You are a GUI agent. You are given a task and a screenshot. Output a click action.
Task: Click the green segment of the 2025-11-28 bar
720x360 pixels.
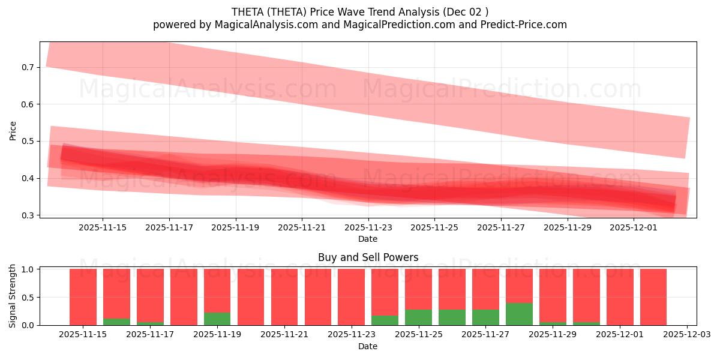[519, 314]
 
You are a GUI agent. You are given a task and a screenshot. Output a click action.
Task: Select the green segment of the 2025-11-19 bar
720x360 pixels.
[217, 319]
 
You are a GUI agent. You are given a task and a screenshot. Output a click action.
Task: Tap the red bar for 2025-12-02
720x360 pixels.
[653, 297]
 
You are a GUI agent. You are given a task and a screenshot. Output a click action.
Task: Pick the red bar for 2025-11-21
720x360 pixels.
[284, 297]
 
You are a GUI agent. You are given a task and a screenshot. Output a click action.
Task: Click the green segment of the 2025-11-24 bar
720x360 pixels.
[385, 320]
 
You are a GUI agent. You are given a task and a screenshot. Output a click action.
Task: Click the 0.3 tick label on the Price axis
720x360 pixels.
[27, 215]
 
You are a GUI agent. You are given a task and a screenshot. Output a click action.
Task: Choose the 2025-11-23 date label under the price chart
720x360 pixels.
[368, 227]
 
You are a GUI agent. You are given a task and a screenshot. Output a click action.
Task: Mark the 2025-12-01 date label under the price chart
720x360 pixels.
[634, 227]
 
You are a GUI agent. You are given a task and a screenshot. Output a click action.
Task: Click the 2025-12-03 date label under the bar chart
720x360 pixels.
[686, 335]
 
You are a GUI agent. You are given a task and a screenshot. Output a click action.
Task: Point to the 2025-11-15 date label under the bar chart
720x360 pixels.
[83, 335]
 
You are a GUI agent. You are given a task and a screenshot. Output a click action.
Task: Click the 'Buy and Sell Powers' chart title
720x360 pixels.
[368, 258]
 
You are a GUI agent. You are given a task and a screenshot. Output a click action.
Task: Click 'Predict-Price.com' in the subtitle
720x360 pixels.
[526, 25]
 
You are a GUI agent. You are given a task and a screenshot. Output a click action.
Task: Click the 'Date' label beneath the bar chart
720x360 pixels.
[368, 346]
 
